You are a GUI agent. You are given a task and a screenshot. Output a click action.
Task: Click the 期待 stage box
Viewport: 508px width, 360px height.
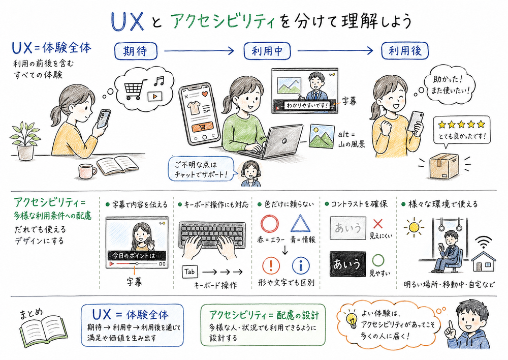(136, 51)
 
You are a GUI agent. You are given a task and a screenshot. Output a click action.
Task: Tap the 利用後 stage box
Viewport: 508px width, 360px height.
(405, 51)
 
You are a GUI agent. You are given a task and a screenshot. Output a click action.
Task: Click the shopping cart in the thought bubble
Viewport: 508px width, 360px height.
(134, 90)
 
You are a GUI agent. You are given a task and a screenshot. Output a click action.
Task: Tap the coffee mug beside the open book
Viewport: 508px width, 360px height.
(87, 171)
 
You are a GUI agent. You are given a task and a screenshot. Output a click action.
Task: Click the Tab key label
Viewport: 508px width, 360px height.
(189, 272)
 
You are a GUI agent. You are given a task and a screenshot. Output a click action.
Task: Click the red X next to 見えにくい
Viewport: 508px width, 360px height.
(377, 223)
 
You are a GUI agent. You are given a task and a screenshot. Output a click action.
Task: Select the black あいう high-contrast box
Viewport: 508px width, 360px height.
(347, 264)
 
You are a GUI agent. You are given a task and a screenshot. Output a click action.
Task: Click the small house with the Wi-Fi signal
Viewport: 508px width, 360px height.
(483, 260)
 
